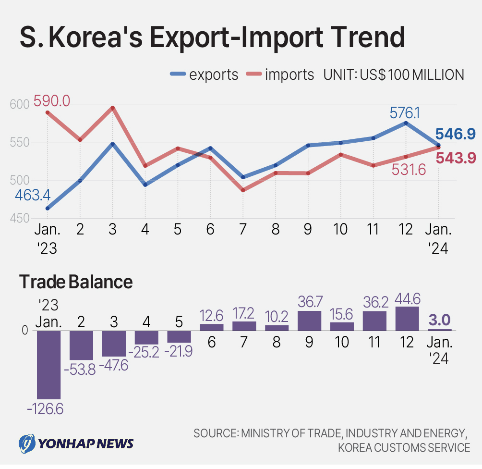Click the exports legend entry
205,74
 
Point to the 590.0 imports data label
52,101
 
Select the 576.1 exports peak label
405,113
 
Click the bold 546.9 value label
455,135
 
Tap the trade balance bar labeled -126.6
49,365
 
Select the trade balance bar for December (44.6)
407,319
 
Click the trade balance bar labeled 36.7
309,321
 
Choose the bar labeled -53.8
81,345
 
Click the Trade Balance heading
76,282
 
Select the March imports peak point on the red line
112,108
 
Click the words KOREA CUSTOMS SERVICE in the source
404,448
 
